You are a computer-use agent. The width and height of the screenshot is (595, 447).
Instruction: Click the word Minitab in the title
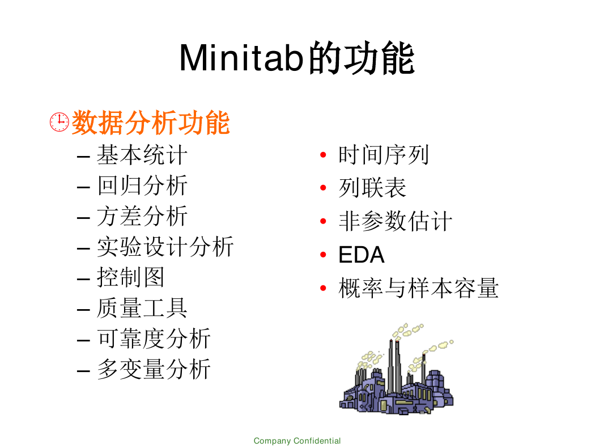tap(242, 58)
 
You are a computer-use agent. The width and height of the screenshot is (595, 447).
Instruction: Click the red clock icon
tap(59, 122)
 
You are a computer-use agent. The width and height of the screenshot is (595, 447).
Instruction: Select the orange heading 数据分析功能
tap(151, 123)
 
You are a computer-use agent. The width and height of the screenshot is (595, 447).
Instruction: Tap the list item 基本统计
tap(142, 155)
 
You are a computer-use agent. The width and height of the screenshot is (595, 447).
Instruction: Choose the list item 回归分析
tap(142, 185)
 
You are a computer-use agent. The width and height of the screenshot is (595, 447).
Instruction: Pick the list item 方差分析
tap(142, 216)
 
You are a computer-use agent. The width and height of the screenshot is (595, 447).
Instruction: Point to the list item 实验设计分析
tap(165, 247)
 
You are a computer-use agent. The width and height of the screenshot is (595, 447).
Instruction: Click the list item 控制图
tap(130, 277)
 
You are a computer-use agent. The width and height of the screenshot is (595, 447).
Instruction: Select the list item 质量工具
tap(142, 308)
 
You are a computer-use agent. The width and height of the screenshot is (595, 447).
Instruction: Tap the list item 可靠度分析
tap(154, 339)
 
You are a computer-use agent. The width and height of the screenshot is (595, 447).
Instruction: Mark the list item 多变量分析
tap(154, 369)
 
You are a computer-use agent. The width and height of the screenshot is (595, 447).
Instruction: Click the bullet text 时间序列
tap(384, 155)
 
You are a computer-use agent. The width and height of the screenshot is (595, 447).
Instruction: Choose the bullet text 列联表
tap(372, 188)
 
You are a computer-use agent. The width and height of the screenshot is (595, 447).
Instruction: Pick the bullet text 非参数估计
tap(396, 221)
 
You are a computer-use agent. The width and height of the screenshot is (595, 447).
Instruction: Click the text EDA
tap(362, 255)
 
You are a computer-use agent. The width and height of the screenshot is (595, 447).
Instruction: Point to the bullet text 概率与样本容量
tap(419, 288)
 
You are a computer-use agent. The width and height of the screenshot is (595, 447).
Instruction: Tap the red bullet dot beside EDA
tap(324, 255)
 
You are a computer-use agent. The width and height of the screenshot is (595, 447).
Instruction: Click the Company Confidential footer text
tap(297, 441)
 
